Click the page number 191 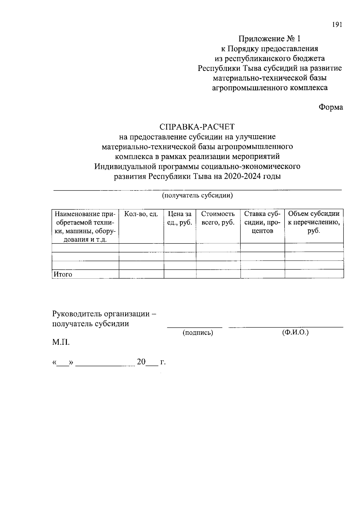(337, 25)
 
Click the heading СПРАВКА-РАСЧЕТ (197, 127)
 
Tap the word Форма (331, 107)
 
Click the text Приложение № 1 (270, 39)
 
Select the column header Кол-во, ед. (141, 214)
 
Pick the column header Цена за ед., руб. (180, 218)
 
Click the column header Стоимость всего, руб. (218, 218)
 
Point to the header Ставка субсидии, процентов (262, 222)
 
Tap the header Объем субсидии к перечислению (314, 222)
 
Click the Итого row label (63, 274)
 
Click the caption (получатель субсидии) (198, 196)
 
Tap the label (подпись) (198, 333)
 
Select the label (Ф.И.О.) (295, 332)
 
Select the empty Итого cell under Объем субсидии (314, 274)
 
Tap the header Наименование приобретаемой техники (85, 227)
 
